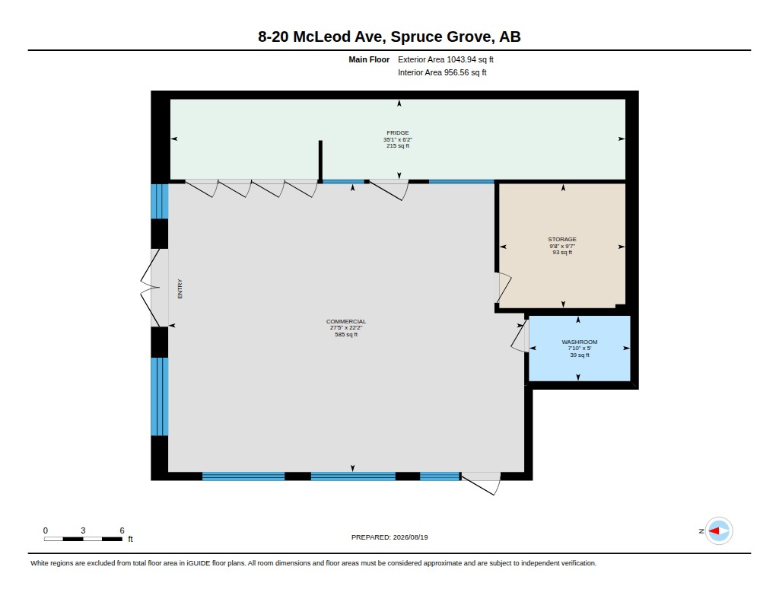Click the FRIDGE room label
point(398,132)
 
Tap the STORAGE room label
point(562,239)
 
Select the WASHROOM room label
point(580,342)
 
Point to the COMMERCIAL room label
point(346,322)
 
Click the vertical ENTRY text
point(180,288)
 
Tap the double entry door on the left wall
point(150,288)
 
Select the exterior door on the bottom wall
point(481,483)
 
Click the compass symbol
point(719,531)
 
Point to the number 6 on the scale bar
point(122,530)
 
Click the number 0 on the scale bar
point(45,530)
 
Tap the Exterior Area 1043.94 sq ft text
point(446,59)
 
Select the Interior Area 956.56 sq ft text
point(442,72)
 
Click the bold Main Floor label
point(369,59)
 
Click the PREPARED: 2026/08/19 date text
point(389,537)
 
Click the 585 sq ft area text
point(346,335)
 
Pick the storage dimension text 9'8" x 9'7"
point(562,246)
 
